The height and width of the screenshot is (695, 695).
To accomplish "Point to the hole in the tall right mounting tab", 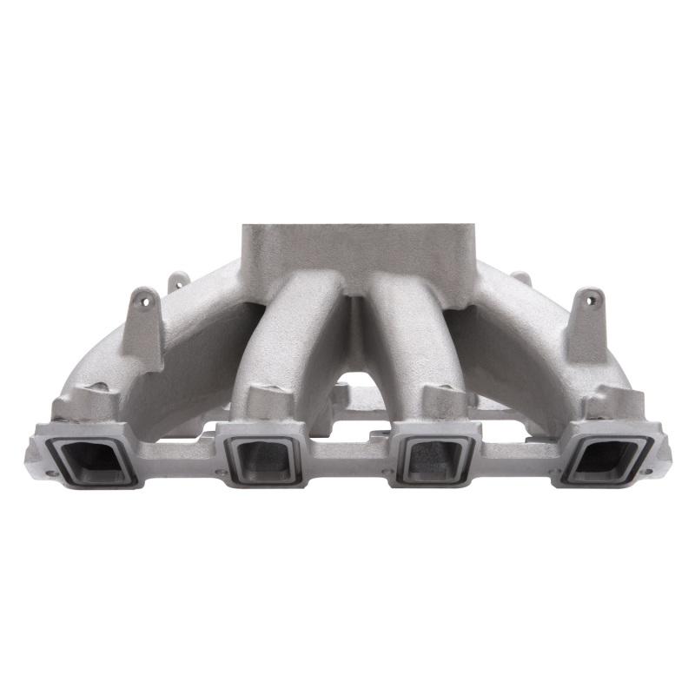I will tap(592, 301).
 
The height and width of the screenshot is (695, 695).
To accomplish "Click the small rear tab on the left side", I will tap(178, 281).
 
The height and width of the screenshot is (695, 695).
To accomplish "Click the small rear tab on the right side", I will tap(521, 279).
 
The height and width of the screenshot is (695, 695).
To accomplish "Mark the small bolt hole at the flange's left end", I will tap(49, 472).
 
